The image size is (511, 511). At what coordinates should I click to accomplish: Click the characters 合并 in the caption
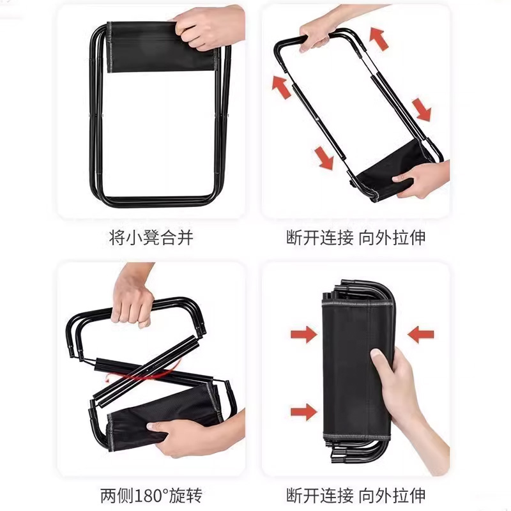pyautogui.click(x=177, y=237)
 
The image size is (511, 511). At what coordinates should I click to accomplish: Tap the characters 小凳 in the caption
pyautogui.click(x=142, y=237)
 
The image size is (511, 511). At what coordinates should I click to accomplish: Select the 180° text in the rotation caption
pyautogui.click(x=150, y=496)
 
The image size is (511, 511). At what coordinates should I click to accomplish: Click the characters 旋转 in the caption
pyautogui.click(x=185, y=496)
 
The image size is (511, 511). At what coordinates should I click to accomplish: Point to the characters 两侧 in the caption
pyautogui.click(x=117, y=496)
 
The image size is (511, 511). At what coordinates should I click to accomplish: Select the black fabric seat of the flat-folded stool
pyautogui.click(x=162, y=47)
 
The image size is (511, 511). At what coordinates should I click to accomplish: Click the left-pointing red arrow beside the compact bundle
pyautogui.click(x=420, y=335)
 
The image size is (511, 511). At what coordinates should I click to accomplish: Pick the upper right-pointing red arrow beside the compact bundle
pyautogui.click(x=304, y=335)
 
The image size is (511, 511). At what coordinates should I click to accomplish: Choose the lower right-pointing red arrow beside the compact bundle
pyautogui.click(x=304, y=412)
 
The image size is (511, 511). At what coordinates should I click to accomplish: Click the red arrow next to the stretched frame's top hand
pyautogui.click(x=379, y=39)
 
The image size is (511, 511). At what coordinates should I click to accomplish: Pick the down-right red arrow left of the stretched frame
pyautogui.click(x=324, y=158)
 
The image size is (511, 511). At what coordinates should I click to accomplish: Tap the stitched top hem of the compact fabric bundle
pyautogui.click(x=358, y=305)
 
